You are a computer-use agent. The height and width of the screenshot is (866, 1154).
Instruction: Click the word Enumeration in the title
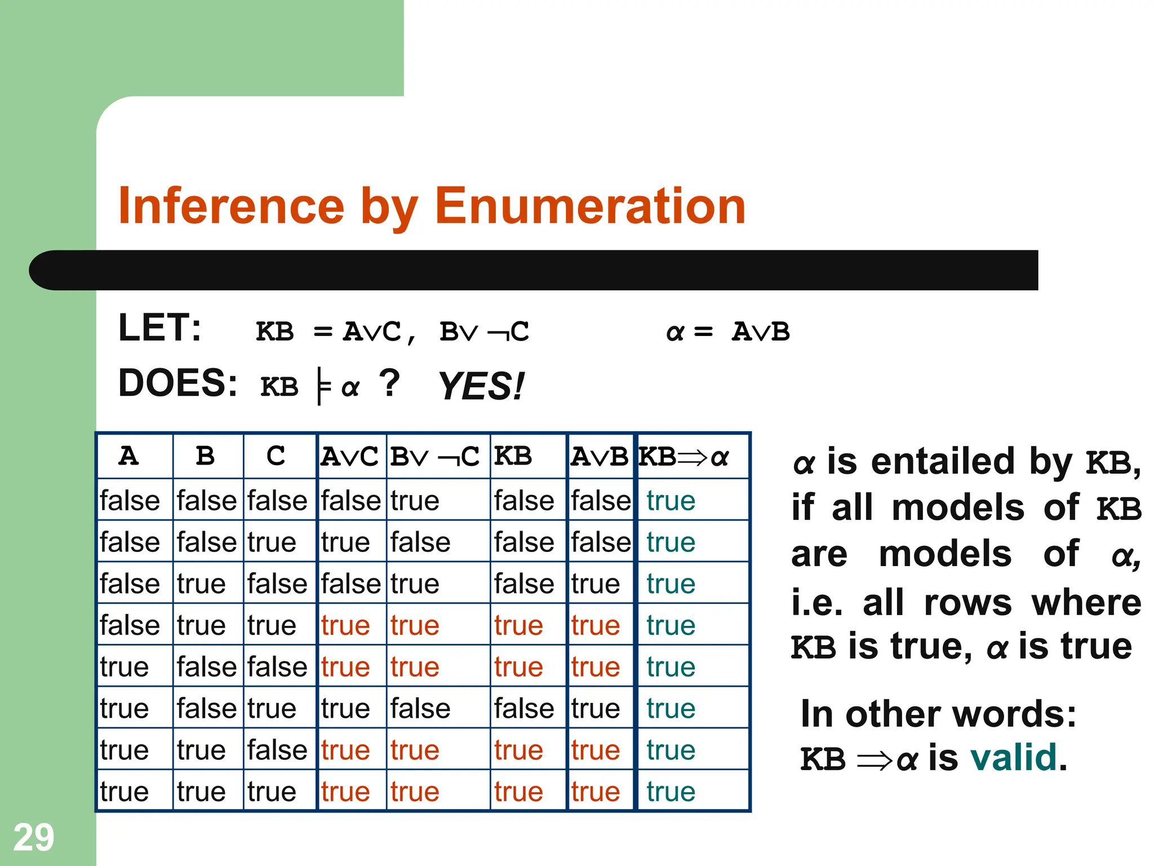point(590,206)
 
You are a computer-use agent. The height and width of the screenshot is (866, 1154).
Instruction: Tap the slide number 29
point(34,837)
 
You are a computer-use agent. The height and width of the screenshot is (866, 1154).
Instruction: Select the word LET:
point(159,328)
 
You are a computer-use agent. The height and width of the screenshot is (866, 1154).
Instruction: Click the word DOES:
point(177,383)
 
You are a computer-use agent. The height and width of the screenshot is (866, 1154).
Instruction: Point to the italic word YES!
point(481,387)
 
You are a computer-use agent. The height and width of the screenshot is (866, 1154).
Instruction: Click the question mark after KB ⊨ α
point(389,383)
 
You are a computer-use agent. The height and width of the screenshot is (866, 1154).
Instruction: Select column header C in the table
point(276,456)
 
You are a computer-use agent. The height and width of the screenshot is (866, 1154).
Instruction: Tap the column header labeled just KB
point(513,456)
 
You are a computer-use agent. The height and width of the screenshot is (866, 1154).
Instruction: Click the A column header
point(128,456)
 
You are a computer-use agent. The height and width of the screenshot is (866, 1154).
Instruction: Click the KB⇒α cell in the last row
point(671,792)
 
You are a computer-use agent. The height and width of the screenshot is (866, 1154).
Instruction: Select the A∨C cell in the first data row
point(350,501)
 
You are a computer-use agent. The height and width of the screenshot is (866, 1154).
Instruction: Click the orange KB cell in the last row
point(518,792)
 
